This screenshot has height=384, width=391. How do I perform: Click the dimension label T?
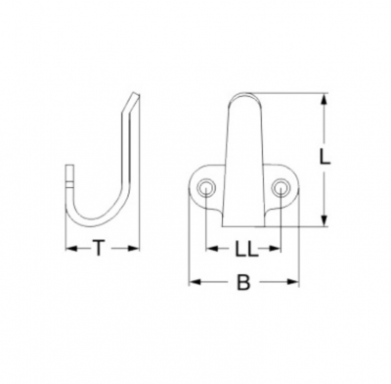click(99, 248)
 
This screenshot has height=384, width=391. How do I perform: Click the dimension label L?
click(325, 159)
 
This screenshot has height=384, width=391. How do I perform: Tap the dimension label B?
click(243, 282)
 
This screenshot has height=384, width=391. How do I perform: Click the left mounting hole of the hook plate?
click(206, 188)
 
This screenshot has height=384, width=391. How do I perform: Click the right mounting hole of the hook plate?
click(281, 188)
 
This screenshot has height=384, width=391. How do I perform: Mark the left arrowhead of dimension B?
click(195, 282)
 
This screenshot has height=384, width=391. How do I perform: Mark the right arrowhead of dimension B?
click(293, 282)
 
